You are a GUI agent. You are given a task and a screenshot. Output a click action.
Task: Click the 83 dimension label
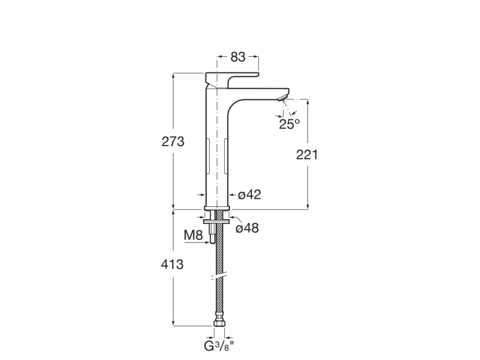(x=238, y=57)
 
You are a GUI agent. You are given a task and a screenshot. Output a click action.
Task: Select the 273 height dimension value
(x=173, y=142)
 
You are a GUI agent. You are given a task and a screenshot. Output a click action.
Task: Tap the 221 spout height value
(x=307, y=154)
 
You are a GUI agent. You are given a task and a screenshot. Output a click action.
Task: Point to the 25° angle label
(x=289, y=124)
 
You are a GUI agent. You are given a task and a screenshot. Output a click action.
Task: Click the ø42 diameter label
(x=249, y=195)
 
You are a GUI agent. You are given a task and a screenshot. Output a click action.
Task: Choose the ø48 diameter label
(x=247, y=228)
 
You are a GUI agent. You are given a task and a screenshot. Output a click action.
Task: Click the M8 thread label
(x=193, y=235)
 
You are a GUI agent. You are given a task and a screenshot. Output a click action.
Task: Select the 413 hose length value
(x=172, y=264)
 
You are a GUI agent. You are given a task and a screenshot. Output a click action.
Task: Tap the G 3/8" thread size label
(x=219, y=347)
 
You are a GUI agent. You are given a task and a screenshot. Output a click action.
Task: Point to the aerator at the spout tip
(x=283, y=97)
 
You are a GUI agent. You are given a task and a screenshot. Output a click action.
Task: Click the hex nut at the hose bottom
(x=218, y=323)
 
